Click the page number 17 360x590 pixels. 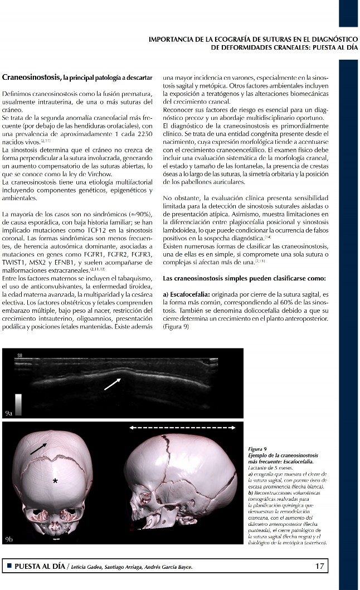coord(319,566)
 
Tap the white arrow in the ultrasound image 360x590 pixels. coord(112,383)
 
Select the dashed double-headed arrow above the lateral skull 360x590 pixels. coord(181,428)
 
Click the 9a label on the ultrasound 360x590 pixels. coord(8,413)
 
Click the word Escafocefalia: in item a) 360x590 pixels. coord(191,294)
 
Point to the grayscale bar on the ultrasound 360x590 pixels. coord(18,404)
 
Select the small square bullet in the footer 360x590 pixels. coord(8,567)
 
